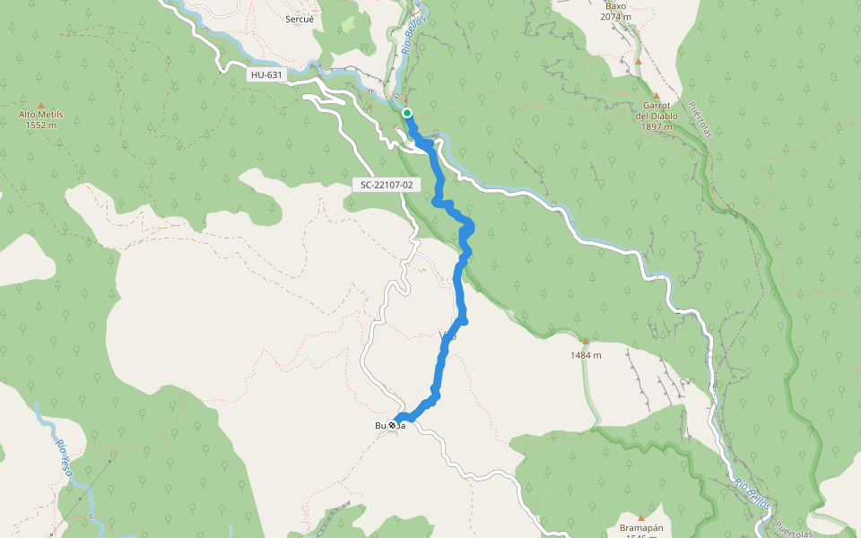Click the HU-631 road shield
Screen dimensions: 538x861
click(x=266, y=76)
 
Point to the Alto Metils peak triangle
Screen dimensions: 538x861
click(x=41, y=104)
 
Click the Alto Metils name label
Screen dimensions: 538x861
click(x=41, y=115)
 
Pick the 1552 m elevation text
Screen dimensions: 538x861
click(x=41, y=126)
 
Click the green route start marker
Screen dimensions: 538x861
click(x=407, y=112)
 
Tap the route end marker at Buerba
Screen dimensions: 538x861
click(x=393, y=425)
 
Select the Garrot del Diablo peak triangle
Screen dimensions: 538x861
click(x=656, y=95)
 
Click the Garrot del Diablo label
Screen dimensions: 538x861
click(x=657, y=110)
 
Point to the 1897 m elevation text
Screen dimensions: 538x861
click(x=657, y=126)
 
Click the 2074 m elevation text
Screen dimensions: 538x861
click(x=616, y=17)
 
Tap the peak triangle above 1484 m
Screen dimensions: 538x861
click(x=585, y=341)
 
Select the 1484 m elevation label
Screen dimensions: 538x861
click(x=585, y=355)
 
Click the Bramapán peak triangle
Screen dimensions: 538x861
click(x=641, y=517)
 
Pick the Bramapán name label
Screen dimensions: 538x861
click(x=641, y=528)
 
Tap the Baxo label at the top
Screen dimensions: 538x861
click(x=616, y=5)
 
